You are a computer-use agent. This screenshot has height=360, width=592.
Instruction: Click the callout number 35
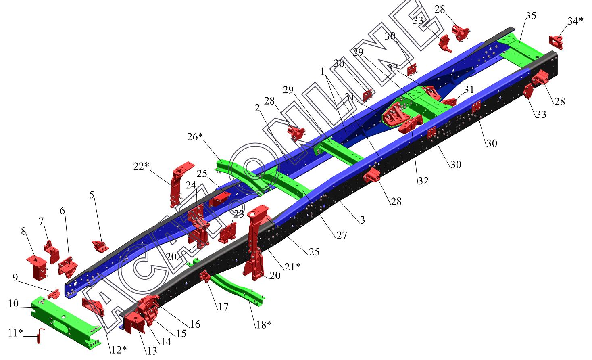pyautogui.click(x=531, y=15)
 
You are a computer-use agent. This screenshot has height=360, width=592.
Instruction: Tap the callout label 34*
pyautogui.click(x=575, y=21)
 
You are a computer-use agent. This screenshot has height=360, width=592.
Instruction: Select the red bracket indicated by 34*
pyautogui.click(x=556, y=42)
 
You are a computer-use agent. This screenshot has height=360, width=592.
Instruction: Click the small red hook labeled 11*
pyautogui.click(x=40, y=336)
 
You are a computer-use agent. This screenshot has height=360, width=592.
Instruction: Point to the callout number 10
pyautogui.click(x=13, y=303)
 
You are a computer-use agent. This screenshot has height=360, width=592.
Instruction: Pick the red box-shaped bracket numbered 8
pyautogui.click(x=37, y=268)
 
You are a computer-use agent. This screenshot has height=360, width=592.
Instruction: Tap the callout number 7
pyautogui.click(x=41, y=221)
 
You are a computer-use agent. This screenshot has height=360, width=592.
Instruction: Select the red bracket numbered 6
pyautogui.click(x=68, y=267)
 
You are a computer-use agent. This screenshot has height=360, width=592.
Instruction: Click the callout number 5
pyautogui.click(x=92, y=195)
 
